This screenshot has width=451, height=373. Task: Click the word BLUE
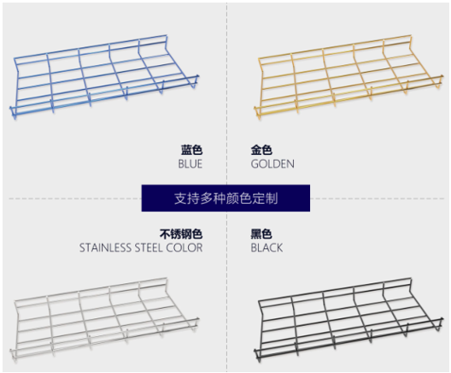[190, 164]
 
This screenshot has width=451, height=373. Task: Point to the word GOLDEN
[272, 164]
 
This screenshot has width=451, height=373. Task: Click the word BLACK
[266, 248]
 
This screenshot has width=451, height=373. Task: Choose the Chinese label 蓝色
[192, 150]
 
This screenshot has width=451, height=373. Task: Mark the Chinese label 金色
[261, 150]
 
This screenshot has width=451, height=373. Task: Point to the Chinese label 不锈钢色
[181, 234]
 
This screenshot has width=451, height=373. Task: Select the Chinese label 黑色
[261, 234]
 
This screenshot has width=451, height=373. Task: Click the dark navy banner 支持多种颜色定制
[225, 198]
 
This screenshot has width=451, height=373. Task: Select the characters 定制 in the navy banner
[265, 198]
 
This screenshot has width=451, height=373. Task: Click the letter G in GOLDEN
[255, 164]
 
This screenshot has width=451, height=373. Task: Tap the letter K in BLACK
[279, 248]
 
